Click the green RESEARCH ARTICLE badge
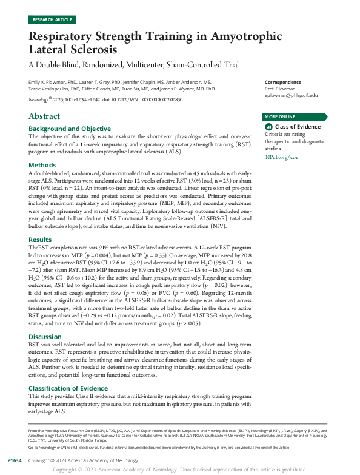pos(52,19)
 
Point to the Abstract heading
pos(44,116)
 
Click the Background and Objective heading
pos(70,129)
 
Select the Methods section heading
pos(42,164)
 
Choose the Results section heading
pos(41,240)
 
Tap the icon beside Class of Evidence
pos(269,127)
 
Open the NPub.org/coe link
pos(282,157)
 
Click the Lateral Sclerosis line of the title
pos(81,50)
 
